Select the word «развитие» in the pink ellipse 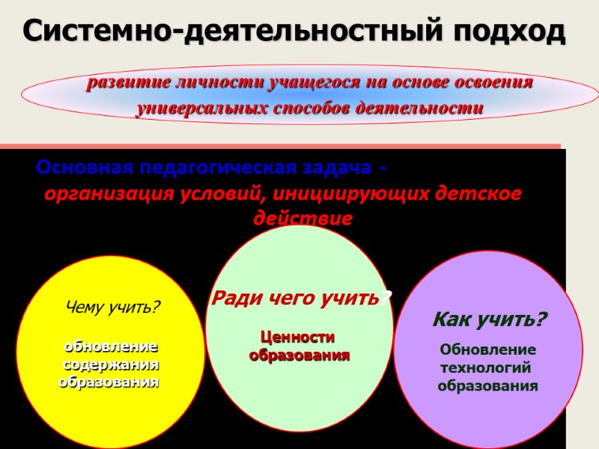click(x=127, y=83)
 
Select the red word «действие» click(x=302, y=220)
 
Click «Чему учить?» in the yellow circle click(x=114, y=307)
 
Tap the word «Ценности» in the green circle click(x=297, y=337)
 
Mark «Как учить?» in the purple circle click(x=490, y=320)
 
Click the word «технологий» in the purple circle click(x=486, y=367)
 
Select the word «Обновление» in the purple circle click(x=487, y=349)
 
